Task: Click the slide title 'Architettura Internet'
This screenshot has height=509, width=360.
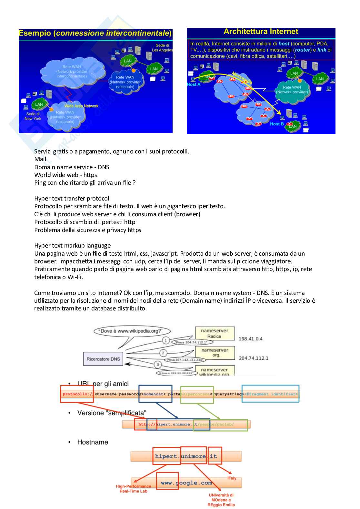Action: [261, 32]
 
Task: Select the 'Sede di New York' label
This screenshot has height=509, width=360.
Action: [33, 116]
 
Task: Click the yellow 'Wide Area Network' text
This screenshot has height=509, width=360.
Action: [81, 106]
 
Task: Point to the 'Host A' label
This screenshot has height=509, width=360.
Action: [194, 84]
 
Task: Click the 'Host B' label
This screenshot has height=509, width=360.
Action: [277, 124]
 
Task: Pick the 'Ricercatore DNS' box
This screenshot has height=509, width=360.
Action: [103, 359]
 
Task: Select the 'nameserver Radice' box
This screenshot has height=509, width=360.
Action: [215, 333]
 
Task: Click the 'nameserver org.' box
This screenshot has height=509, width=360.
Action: [215, 353]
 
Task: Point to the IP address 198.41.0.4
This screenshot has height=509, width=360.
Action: [250, 339]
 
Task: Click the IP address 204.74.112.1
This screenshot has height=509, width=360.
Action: [254, 358]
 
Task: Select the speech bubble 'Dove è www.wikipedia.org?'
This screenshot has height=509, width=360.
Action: [132, 331]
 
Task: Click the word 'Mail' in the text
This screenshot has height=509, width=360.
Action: [40, 159]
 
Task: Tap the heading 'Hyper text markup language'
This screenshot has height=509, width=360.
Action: [72, 246]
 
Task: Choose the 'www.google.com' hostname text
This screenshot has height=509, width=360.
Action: [186, 483]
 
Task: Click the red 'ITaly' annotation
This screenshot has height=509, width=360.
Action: [232, 478]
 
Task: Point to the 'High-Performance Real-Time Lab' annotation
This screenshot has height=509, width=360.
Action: [133, 489]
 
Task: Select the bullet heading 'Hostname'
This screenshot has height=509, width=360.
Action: [93, 442]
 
